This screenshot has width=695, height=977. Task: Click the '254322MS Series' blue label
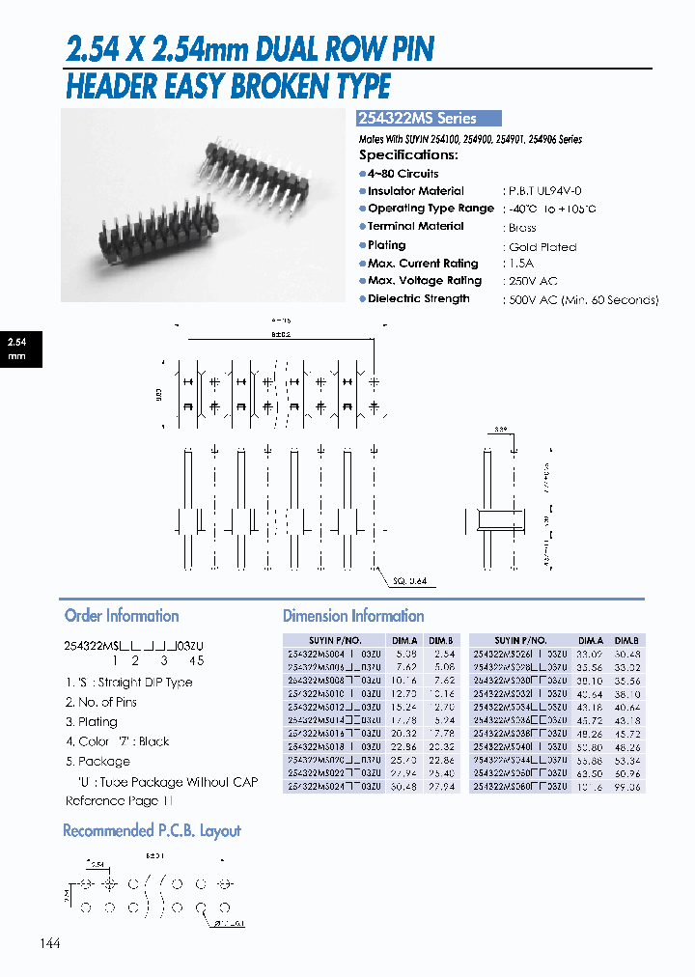click(x=429, y=119)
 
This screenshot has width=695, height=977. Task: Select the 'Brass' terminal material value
click(x=522, y=228)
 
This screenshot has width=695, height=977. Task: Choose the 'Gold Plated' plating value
click(x=542, y=247)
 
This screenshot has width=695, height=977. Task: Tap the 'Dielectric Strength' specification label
click(x=418, y=299)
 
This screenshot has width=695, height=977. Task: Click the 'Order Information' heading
click(x=122, y=616)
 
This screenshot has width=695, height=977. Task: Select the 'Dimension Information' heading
click(x=353, y=616)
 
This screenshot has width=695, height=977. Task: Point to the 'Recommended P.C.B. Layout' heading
click(x=152, y=831)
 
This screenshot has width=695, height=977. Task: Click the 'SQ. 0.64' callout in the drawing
click(x=411, y=580)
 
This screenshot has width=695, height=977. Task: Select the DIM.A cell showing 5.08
click(x=404, y=653)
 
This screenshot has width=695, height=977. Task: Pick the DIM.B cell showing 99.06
click(x=626, y=788)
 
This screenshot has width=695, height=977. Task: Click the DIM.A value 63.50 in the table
click(x=591, y=774)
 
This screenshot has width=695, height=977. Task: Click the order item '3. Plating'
click(x=92, y=722)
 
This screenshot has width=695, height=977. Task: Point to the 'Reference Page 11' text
click(x=120, y=801)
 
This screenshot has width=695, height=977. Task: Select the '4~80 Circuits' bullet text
click(x=403, y=174)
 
